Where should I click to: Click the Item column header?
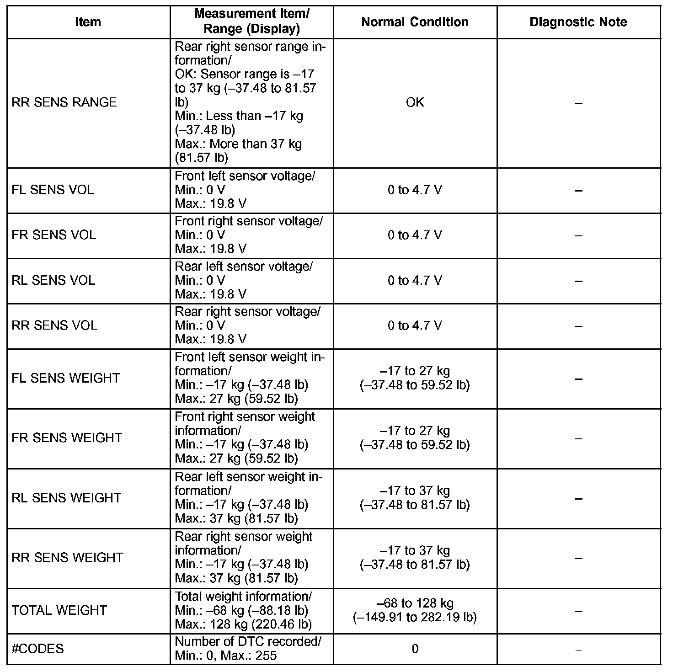pos(88,22)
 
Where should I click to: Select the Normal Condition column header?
pos(415,22)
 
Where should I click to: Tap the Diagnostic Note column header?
pos(578,22)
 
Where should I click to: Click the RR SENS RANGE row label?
pos(64,102)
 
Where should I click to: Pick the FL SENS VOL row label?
pos(53,190)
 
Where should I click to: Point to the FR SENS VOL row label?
pos(54,235)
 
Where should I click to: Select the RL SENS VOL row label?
pos(53,280)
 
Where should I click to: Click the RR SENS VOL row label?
pos(54,325)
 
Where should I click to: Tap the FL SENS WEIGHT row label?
pos(66,378)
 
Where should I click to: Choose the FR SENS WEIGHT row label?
pos(67,438)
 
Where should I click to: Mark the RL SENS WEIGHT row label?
pos(66,498)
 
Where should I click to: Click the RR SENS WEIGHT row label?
pos(67,558)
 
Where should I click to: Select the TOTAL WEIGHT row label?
pos(59,610)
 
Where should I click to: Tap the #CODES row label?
pos(37,649)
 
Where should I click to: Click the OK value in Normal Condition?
pos(415,102)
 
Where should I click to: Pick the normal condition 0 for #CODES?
pos(415,649)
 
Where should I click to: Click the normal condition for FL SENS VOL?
pos(415,190)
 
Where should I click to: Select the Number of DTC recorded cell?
pos(248,649)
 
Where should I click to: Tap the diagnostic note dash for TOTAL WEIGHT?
pos(578,611)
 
